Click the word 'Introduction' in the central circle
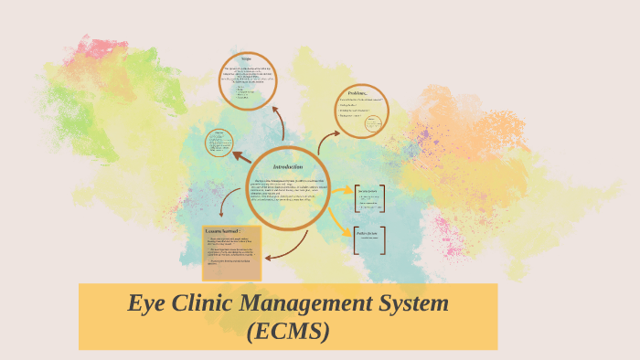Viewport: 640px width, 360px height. pos(287,166)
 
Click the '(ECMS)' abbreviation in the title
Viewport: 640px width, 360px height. pos(288,331)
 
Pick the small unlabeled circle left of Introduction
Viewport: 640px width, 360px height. pos(219,143)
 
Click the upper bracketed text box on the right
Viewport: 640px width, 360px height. pos(368,197)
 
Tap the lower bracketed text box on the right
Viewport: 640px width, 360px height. pos(368,238)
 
